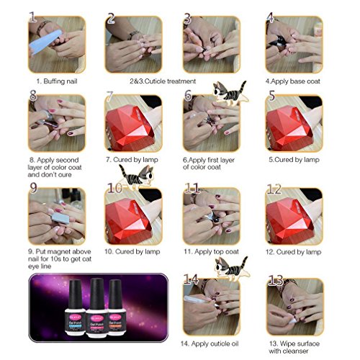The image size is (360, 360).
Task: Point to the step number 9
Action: [x=34, y=189]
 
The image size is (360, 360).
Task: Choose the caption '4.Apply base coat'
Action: [x=296, y=81]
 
